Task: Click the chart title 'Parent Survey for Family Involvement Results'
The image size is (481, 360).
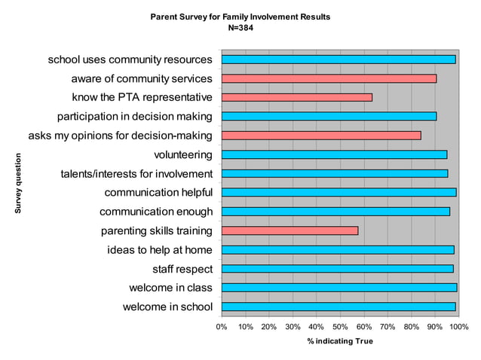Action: coord(240,16)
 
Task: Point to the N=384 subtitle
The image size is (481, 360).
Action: coord(240,27)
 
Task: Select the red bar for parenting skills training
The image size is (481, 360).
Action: coord(290,230)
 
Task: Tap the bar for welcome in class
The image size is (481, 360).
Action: coord(339,288)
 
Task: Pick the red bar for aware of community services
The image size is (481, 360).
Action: coord(329,78)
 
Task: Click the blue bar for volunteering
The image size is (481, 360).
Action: coord(334,154)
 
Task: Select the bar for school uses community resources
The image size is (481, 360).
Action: coord(338,59)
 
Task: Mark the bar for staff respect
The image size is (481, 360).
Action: coord(337,269)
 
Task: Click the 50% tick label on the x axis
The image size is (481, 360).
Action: coord(340,327)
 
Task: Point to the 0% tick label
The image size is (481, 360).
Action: coord(222,327)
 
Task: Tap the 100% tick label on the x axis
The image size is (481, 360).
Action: coord(458,327)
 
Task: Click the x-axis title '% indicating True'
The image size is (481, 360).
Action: coord(339,341)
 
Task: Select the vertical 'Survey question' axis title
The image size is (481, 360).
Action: coord(18,183)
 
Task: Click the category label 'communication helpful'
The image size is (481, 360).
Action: coord(158,193)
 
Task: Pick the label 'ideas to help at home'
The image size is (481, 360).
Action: coord(160,250)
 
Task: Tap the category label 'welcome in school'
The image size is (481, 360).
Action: coord(167,307)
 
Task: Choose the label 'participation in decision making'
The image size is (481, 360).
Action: coord(135,117)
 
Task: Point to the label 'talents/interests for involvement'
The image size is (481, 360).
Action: coord(136,174)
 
